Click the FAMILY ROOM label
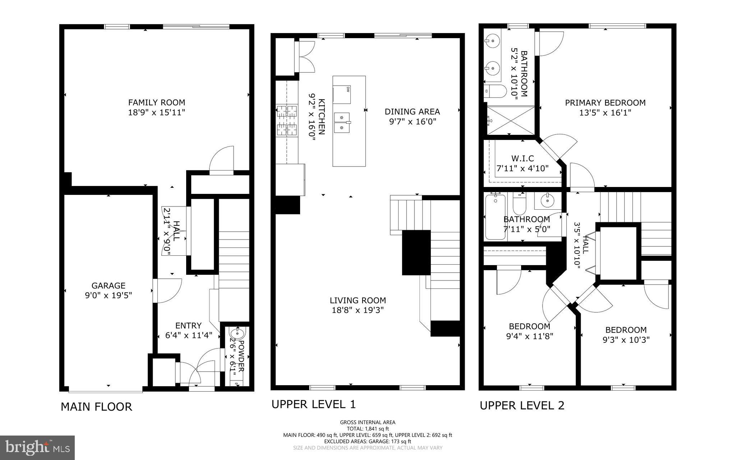tap(156, 103)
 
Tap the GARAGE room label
tap(108, 286)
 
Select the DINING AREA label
tap(412, 112)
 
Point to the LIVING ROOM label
tap(358, 300)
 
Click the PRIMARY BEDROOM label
tap(605, 103)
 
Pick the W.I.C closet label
tap(523, 158)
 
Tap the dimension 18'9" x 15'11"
tap(156, 113)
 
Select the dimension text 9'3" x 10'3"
tap(626, 340)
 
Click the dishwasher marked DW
tap(342, 95)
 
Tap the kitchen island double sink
tap(342, 122)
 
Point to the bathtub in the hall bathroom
tap(494, 217)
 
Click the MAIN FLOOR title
tap(96, 407)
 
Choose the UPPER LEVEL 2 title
tap(522, 406)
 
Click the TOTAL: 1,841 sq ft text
tap(368, 429)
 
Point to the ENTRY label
tap(188, 326)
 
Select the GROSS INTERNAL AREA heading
tap(368, 423)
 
